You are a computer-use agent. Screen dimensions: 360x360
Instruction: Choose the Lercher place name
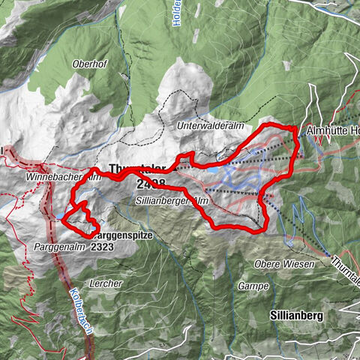point(105,283)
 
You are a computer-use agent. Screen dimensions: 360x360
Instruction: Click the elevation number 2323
point(103,246)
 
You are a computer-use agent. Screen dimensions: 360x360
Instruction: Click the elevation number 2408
point(151,182)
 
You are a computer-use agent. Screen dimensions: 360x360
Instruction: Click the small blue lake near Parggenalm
point(58,217)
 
